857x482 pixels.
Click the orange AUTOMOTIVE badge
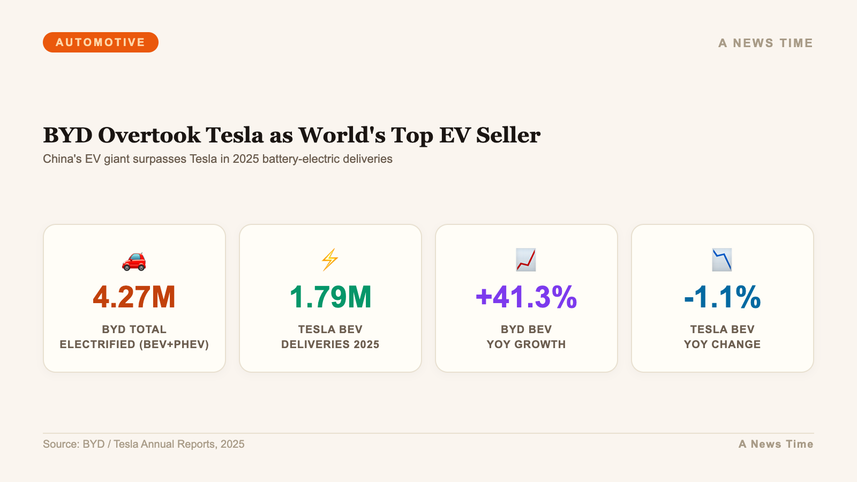(101, 42)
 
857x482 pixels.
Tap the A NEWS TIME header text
(765, 43)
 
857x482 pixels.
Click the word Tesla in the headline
(235, 135)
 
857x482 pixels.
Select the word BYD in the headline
(68, 135)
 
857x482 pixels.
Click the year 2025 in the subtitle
(246, 159)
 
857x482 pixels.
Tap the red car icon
(134, 260)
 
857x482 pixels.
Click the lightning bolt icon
(330, 260)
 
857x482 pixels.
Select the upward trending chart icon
(526, 260)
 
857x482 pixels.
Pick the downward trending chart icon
(722, 260)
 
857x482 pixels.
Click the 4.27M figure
(134, 297)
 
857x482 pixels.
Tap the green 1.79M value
(330, 297)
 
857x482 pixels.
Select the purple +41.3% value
(526, 297)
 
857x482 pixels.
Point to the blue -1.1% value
(722, 297)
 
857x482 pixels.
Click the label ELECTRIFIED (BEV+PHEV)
(134, 344)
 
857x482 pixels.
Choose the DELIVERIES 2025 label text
(330, 344)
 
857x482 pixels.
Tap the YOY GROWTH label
(526, 344)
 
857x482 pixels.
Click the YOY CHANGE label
(722, 344)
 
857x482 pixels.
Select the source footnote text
(144, 444)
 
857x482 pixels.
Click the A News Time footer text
(776, 444)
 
